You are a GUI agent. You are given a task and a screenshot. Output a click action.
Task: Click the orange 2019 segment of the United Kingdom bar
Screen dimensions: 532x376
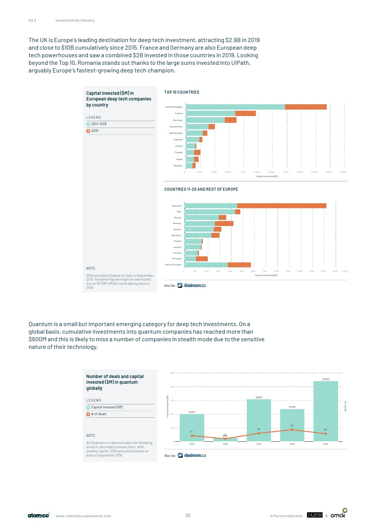pyautogui.click(x=305, y=107)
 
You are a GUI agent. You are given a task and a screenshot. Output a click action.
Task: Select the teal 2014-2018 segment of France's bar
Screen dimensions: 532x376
pyautogui.click(x=210, y=113)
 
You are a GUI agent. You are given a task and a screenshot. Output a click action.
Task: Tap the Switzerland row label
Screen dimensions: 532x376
pyautogui.click(x=176, y=127)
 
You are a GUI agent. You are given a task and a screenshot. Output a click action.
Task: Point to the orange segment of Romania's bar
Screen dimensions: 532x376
pyautogui.click(x=282, y=206)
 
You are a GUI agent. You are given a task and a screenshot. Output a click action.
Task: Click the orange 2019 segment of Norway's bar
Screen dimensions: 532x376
pyautogui.click(x=224, y=224)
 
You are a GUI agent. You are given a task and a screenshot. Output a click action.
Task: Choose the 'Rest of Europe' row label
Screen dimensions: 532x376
pyautogui.click(x=173, y=265)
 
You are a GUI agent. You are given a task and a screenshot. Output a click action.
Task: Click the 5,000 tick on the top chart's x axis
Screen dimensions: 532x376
pyautogui.click(x=257, y=172)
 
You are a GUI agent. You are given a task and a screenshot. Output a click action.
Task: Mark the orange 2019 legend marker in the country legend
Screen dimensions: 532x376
pyautogui.click(x=88, y=131)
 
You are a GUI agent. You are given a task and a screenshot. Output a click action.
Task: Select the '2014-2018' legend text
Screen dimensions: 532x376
pyautogui.click(x=99, y=124)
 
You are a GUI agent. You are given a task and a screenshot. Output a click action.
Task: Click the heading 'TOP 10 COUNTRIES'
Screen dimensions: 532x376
pyautogui.click(x=182, y=92)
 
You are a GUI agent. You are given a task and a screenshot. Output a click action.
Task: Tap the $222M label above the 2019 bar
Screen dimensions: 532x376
pyautogui.click(x=326, y=379)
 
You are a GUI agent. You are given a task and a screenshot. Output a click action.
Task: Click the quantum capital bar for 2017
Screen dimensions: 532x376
pyautogui.click(x=258, y=420)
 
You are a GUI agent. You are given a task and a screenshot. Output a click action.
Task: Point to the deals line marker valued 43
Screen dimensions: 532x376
pyautogui.click(x=292, y=430)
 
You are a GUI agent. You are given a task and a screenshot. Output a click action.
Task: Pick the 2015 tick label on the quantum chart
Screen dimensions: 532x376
pyautogui.click(x=192, y=444)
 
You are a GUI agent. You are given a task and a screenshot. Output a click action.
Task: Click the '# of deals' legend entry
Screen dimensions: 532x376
pyautogui.click(x=99, y=414)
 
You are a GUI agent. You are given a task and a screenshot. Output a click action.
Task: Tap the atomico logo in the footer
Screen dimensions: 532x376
pyautogui.click(x=39, y=515)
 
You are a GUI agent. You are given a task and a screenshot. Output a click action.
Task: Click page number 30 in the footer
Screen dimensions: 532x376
pyautogui.click(x=188, y=516)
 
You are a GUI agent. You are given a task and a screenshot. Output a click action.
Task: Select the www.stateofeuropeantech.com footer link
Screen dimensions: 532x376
pyautogui.click(x=83, y=516)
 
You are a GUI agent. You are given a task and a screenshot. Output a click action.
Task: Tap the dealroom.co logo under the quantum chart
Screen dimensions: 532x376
pyautogui.click(x=192, y=455)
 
